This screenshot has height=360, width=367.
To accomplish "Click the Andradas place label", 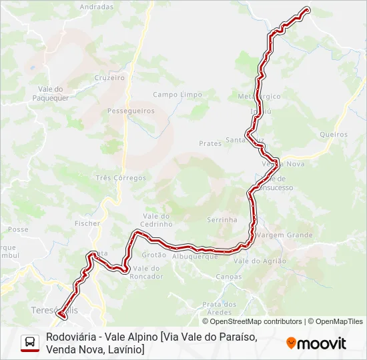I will coord(97,7).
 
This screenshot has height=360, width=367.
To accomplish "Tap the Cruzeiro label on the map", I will coord(110,77).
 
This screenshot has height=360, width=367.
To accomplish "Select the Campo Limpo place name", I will coord(177,95).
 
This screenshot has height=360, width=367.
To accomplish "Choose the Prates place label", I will coord(210,143).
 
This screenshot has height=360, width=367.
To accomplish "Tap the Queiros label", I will coord(334,134).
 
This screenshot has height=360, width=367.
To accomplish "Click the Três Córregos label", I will coord(121,178).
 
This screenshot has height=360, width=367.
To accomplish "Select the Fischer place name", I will coord(87,223).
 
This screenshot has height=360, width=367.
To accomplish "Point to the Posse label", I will coord(18,229).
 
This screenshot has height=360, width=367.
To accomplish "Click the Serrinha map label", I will coord(222,219).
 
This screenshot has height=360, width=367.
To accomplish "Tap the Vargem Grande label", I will coord(285,235).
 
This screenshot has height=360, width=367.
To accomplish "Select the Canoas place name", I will coord(229,276).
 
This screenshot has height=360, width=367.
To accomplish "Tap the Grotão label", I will coord(154,255).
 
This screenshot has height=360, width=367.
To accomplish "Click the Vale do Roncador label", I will coord(147,272).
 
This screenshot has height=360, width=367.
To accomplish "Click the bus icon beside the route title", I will coord(30,342).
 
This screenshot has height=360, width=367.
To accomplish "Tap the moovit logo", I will coord(316,343).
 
